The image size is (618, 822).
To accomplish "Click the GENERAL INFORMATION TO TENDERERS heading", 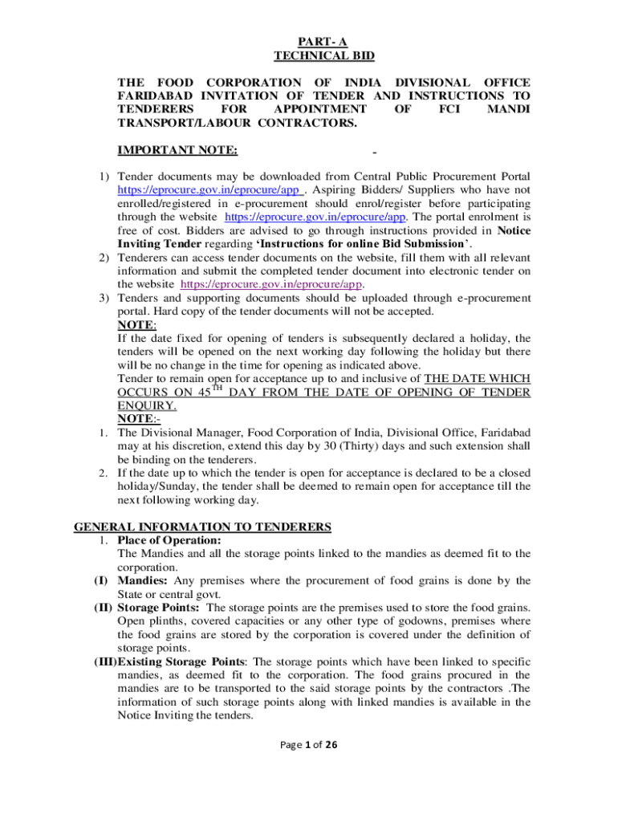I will point(202,527).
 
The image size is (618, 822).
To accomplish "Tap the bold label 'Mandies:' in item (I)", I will point(143,580).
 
